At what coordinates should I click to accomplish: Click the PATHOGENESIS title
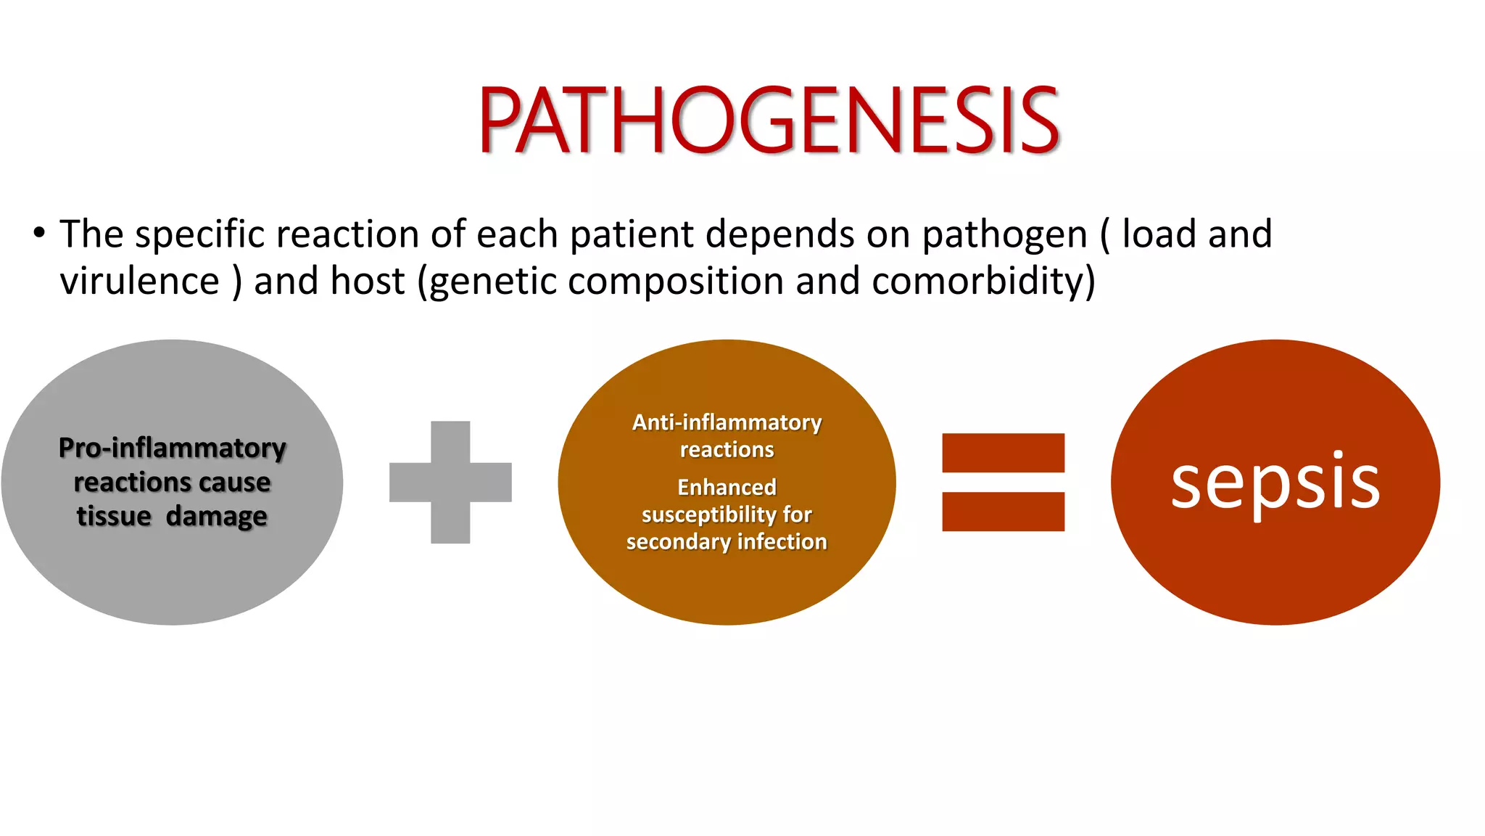[769, 120]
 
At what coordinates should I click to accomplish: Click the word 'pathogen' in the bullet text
[1004, 235]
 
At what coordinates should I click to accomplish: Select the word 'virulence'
[139, 281]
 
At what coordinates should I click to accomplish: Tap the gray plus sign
[450, 483]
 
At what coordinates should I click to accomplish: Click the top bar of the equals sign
[1003, 453]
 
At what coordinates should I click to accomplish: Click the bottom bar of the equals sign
[1003, 512]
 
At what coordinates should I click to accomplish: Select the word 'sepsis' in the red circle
[1275, 484]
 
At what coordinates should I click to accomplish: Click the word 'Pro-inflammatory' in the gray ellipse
[172, 448]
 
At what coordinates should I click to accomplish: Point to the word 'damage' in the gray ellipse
[216, 517]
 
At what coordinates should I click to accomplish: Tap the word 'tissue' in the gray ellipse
[114, 516]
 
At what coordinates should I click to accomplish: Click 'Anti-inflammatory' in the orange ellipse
[727, 422]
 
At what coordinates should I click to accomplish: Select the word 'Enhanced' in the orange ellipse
[727, 487]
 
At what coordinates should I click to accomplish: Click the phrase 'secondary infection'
[727, 542]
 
